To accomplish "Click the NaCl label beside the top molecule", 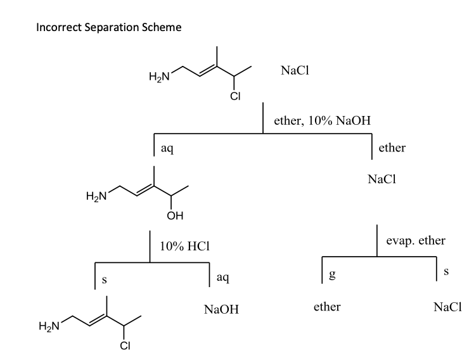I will point(294,72).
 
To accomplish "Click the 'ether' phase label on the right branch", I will point(392,148).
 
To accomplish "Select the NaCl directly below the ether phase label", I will point(382,179).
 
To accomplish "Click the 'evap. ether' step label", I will point(416,241).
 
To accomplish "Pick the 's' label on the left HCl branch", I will point(105,277).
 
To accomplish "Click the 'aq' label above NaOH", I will point(222,277).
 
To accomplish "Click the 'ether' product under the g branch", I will point(327,307).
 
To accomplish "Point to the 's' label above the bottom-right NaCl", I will point(446,271).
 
